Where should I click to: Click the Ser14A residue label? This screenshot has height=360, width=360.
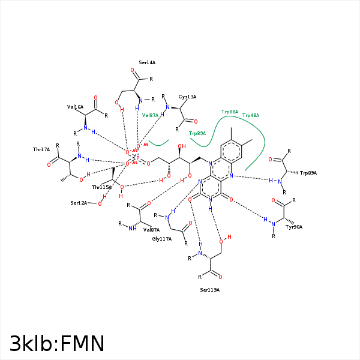[147, 62]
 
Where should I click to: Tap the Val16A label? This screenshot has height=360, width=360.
[75, 107]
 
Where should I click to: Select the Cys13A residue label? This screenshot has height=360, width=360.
[187, 97]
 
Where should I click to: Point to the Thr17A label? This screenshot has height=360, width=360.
[41, 149]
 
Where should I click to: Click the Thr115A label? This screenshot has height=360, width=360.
[101, 187]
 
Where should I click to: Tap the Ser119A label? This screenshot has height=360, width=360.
[210, 290]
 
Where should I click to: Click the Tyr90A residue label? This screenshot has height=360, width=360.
[294, 227]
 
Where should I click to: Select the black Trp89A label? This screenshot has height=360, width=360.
[308, 173]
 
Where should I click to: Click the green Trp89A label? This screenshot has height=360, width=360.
[197, 133]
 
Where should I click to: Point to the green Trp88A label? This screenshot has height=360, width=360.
[230, 112]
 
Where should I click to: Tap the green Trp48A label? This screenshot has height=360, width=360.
[251, 115]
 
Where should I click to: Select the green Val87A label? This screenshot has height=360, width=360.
[150, 115]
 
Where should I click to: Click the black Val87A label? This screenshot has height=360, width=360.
[151, 230]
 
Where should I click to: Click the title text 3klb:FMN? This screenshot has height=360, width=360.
[57, 343]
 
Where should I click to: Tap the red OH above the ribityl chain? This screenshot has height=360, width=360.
[182, 146]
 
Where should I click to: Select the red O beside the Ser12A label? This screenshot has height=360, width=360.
[100, 203]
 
